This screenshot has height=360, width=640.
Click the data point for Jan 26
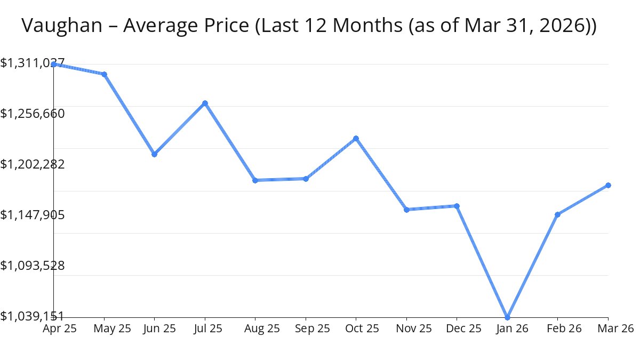[507, 317]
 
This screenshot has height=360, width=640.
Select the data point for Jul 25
[205, 103]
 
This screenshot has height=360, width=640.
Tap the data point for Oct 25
[356, 139]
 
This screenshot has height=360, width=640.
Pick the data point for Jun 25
[154, 154]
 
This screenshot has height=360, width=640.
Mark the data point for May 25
[105, 74]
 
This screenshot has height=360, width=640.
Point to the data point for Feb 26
[557, 214]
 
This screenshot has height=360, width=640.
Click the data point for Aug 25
[255, 180]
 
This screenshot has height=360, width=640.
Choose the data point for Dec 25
[457, 206]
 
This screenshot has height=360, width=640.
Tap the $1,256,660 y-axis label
[33, 114]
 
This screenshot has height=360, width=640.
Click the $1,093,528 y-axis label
[33, 265]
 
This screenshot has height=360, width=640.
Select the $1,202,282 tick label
[33, 164]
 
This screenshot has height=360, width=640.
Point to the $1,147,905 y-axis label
[33, 214]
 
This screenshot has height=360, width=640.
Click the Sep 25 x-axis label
[312, 329]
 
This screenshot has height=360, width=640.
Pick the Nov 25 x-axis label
[413, 329]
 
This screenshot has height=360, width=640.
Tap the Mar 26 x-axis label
[615, 329]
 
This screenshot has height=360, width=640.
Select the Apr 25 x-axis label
[60, 329]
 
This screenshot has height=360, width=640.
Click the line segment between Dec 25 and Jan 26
[482, 261]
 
